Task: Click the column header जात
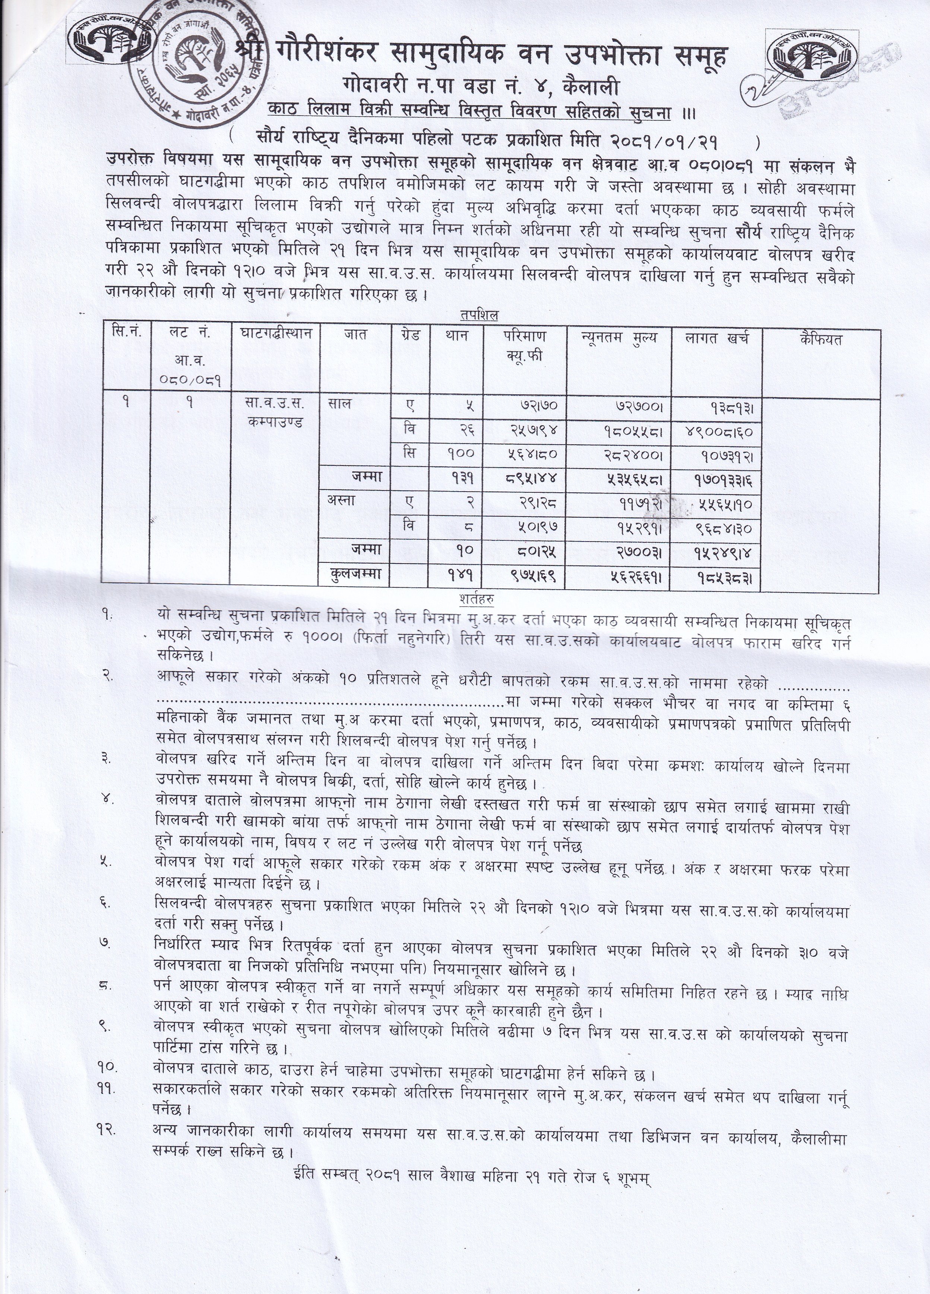point(355,335)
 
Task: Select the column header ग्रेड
point(409,335)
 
